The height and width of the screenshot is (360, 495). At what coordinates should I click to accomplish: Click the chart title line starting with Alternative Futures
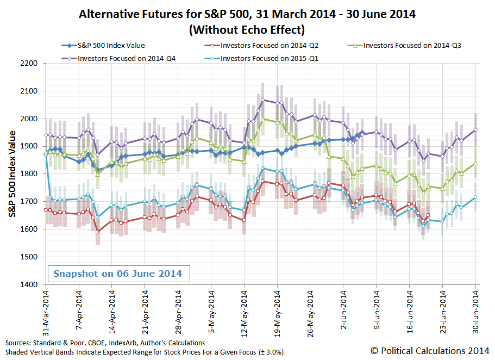(x=247, y=14)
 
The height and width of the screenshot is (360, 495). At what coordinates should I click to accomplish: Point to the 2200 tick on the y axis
(x=28, y=64)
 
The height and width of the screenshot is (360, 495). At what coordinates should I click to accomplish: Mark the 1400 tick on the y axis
(x=28, y=284)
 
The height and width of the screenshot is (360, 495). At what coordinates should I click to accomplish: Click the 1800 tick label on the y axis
(x=28, y=174)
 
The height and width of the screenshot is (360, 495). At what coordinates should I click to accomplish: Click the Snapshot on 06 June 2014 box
(x=117, y=273)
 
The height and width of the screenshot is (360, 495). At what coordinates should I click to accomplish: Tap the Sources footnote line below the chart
(x=105, y=343)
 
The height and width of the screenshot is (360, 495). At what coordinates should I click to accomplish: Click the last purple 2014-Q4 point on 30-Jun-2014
(x=475, y=129)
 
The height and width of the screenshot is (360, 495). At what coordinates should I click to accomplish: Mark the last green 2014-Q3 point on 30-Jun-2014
(x=475, y=163)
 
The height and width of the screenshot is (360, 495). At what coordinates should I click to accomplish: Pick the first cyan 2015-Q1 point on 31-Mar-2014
(x=45, y=154)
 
